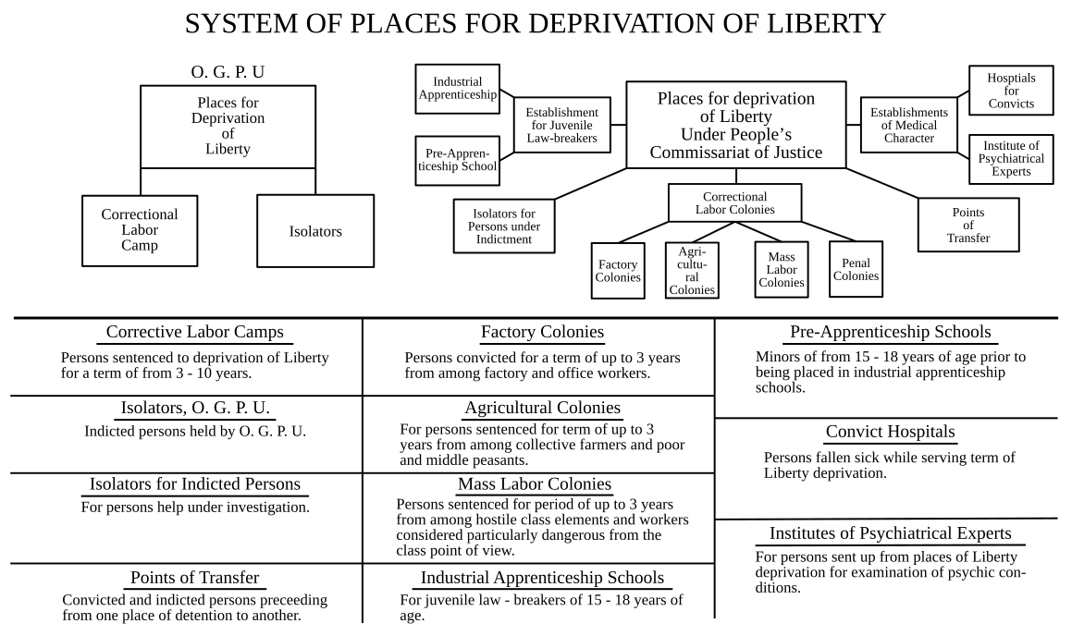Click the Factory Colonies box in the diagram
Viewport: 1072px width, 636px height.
[618, 271]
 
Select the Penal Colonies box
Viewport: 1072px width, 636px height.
[855, 269]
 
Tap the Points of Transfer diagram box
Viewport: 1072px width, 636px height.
[967, 225]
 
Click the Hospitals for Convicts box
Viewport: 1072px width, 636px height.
[1010, 91]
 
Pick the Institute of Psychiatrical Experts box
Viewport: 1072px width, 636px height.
[1010, 158]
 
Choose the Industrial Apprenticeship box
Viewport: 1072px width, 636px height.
[458, 89]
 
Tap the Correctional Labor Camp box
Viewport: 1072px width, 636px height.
[139, 229]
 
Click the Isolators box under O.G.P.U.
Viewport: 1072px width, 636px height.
[314, 231]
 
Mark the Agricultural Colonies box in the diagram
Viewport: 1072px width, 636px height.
[692, 270]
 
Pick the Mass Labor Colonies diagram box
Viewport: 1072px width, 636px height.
[782, 269]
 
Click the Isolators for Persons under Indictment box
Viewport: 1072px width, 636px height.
[504, 226]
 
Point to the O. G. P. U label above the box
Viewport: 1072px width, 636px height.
[228, 71]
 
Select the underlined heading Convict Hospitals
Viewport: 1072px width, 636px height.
[890, 432]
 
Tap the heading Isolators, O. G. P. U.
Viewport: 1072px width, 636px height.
[195, 408]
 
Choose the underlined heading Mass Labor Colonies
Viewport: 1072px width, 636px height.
[534, 484]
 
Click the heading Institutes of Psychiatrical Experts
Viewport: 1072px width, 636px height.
[890, 533]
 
